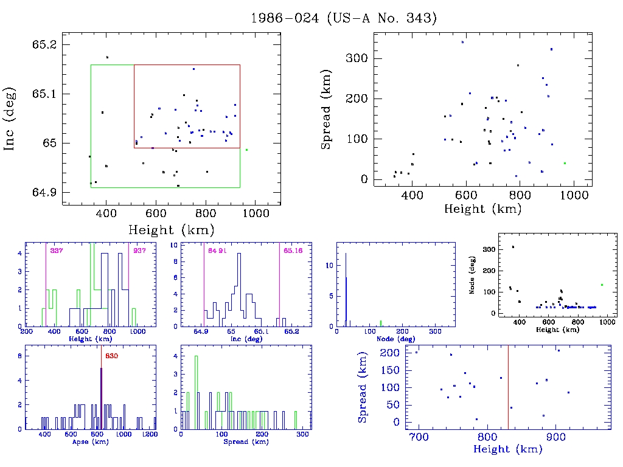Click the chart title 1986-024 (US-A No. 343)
344,18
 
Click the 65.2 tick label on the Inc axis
46,46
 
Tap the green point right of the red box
246,150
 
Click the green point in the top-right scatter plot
565,163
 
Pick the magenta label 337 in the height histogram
57,251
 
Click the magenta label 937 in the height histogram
139,251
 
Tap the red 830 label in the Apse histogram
111,356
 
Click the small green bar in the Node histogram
381,323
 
